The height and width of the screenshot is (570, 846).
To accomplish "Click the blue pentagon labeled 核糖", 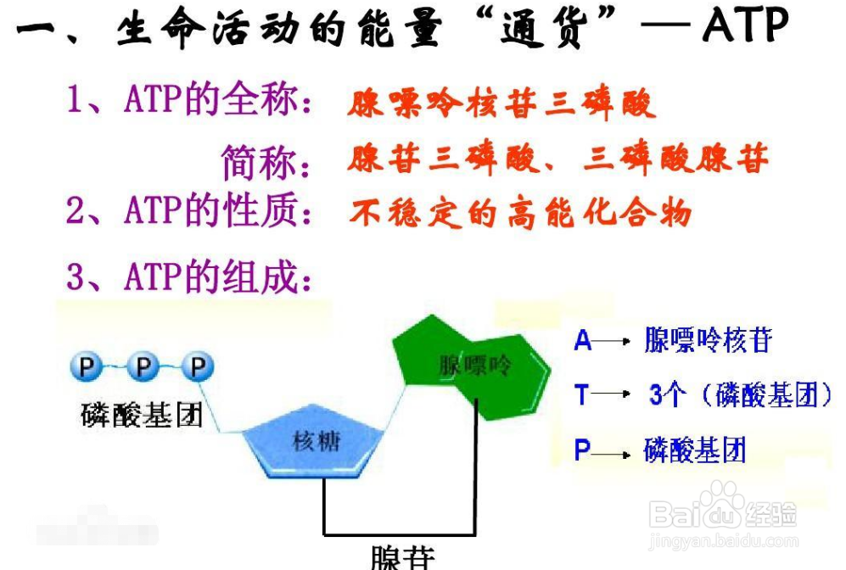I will (x=315, y=441).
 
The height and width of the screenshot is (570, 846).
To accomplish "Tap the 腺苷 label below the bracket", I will (x=402, y=556).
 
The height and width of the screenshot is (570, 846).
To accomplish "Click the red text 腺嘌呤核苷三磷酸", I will (x=501, y=104).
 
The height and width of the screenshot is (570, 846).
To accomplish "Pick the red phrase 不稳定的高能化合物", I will (x=519, y=212).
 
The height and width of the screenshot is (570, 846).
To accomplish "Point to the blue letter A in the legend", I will (x=583, y=340).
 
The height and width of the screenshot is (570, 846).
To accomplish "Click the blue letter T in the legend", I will (x=582, y=394).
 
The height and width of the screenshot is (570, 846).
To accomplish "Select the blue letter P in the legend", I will (x=582, y=450).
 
